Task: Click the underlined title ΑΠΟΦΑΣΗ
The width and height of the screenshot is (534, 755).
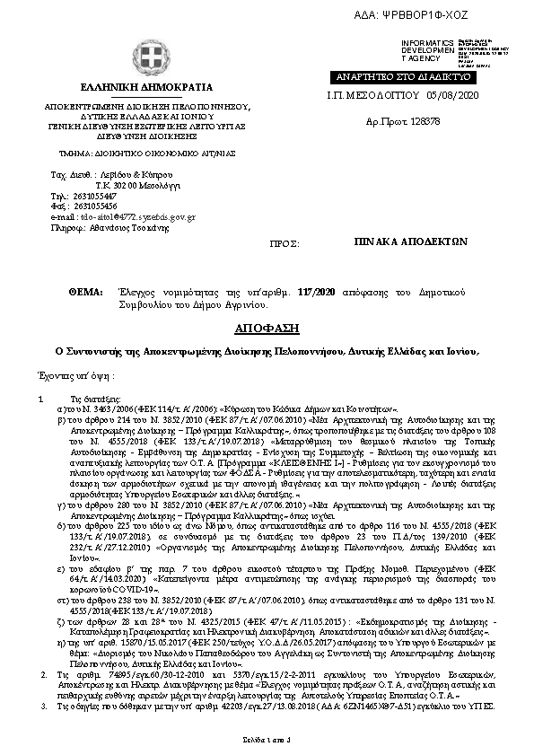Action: click(x=267, y=328)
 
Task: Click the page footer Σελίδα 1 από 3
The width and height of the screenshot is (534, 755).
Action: click(x=267, y=738)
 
